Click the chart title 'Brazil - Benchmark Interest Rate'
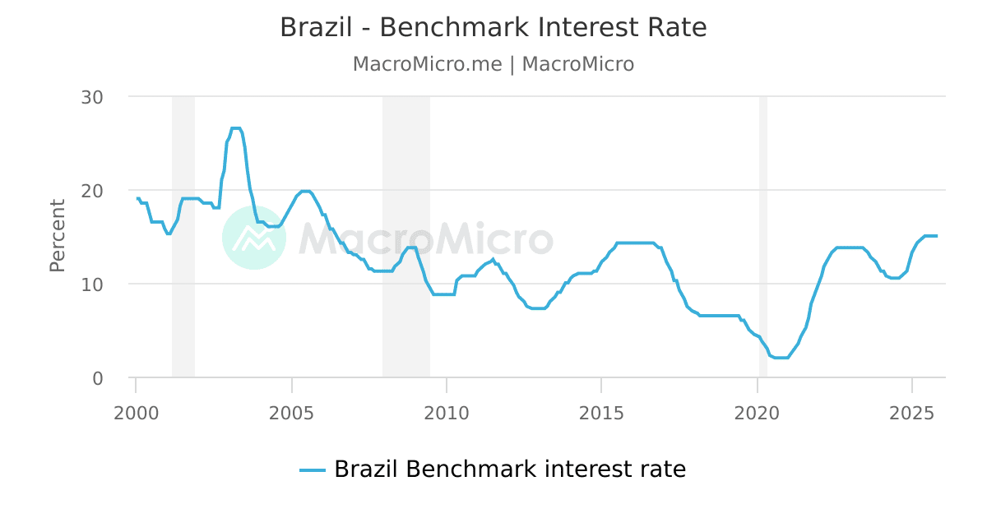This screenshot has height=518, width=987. pyautogui.click(x=493, y=27)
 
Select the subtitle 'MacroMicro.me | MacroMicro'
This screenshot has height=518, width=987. pyautogui.click(x=493, y=64)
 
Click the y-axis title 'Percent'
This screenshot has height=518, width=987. pyautogui.click(x=57, y=235)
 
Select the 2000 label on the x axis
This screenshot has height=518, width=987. pyautogui.click(x=135, y=412)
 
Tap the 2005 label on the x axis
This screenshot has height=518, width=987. pyautogui.click(x=290, y=412)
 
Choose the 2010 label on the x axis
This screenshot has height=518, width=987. pyautogui.click(x=446, y=412)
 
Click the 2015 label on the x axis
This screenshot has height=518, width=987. pyautogui.click(x=601, y=412)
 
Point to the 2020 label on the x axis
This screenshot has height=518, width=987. pyautogui.click(x=757, y=412)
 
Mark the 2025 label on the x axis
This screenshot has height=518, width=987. pyautogui.click(x=912, y=412)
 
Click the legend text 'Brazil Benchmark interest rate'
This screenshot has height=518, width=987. pyautogui.click(x=509, y=469)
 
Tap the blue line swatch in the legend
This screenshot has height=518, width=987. pyautogui.click(x=313, y=470)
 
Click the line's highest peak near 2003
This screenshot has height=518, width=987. pyautogui.click(x=235, y=128)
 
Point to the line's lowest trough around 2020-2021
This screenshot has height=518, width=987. pyautogui.click(x=781, y=358)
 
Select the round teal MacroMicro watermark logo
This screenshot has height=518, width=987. pyautogui.click(x=254, y=238)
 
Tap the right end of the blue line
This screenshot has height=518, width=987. pyautogui.click(x=936, y=236)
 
